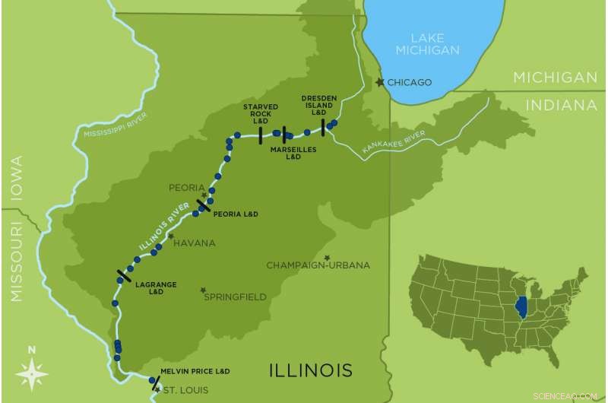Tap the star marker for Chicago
click(x=381, y=82)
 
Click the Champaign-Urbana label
click(x=318, y=265)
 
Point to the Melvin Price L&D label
click(x=195, y=371)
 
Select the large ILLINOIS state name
click(x=312, y=370)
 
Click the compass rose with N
click(x=31, y=373)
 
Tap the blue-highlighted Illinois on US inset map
click(x=521, y=308)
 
